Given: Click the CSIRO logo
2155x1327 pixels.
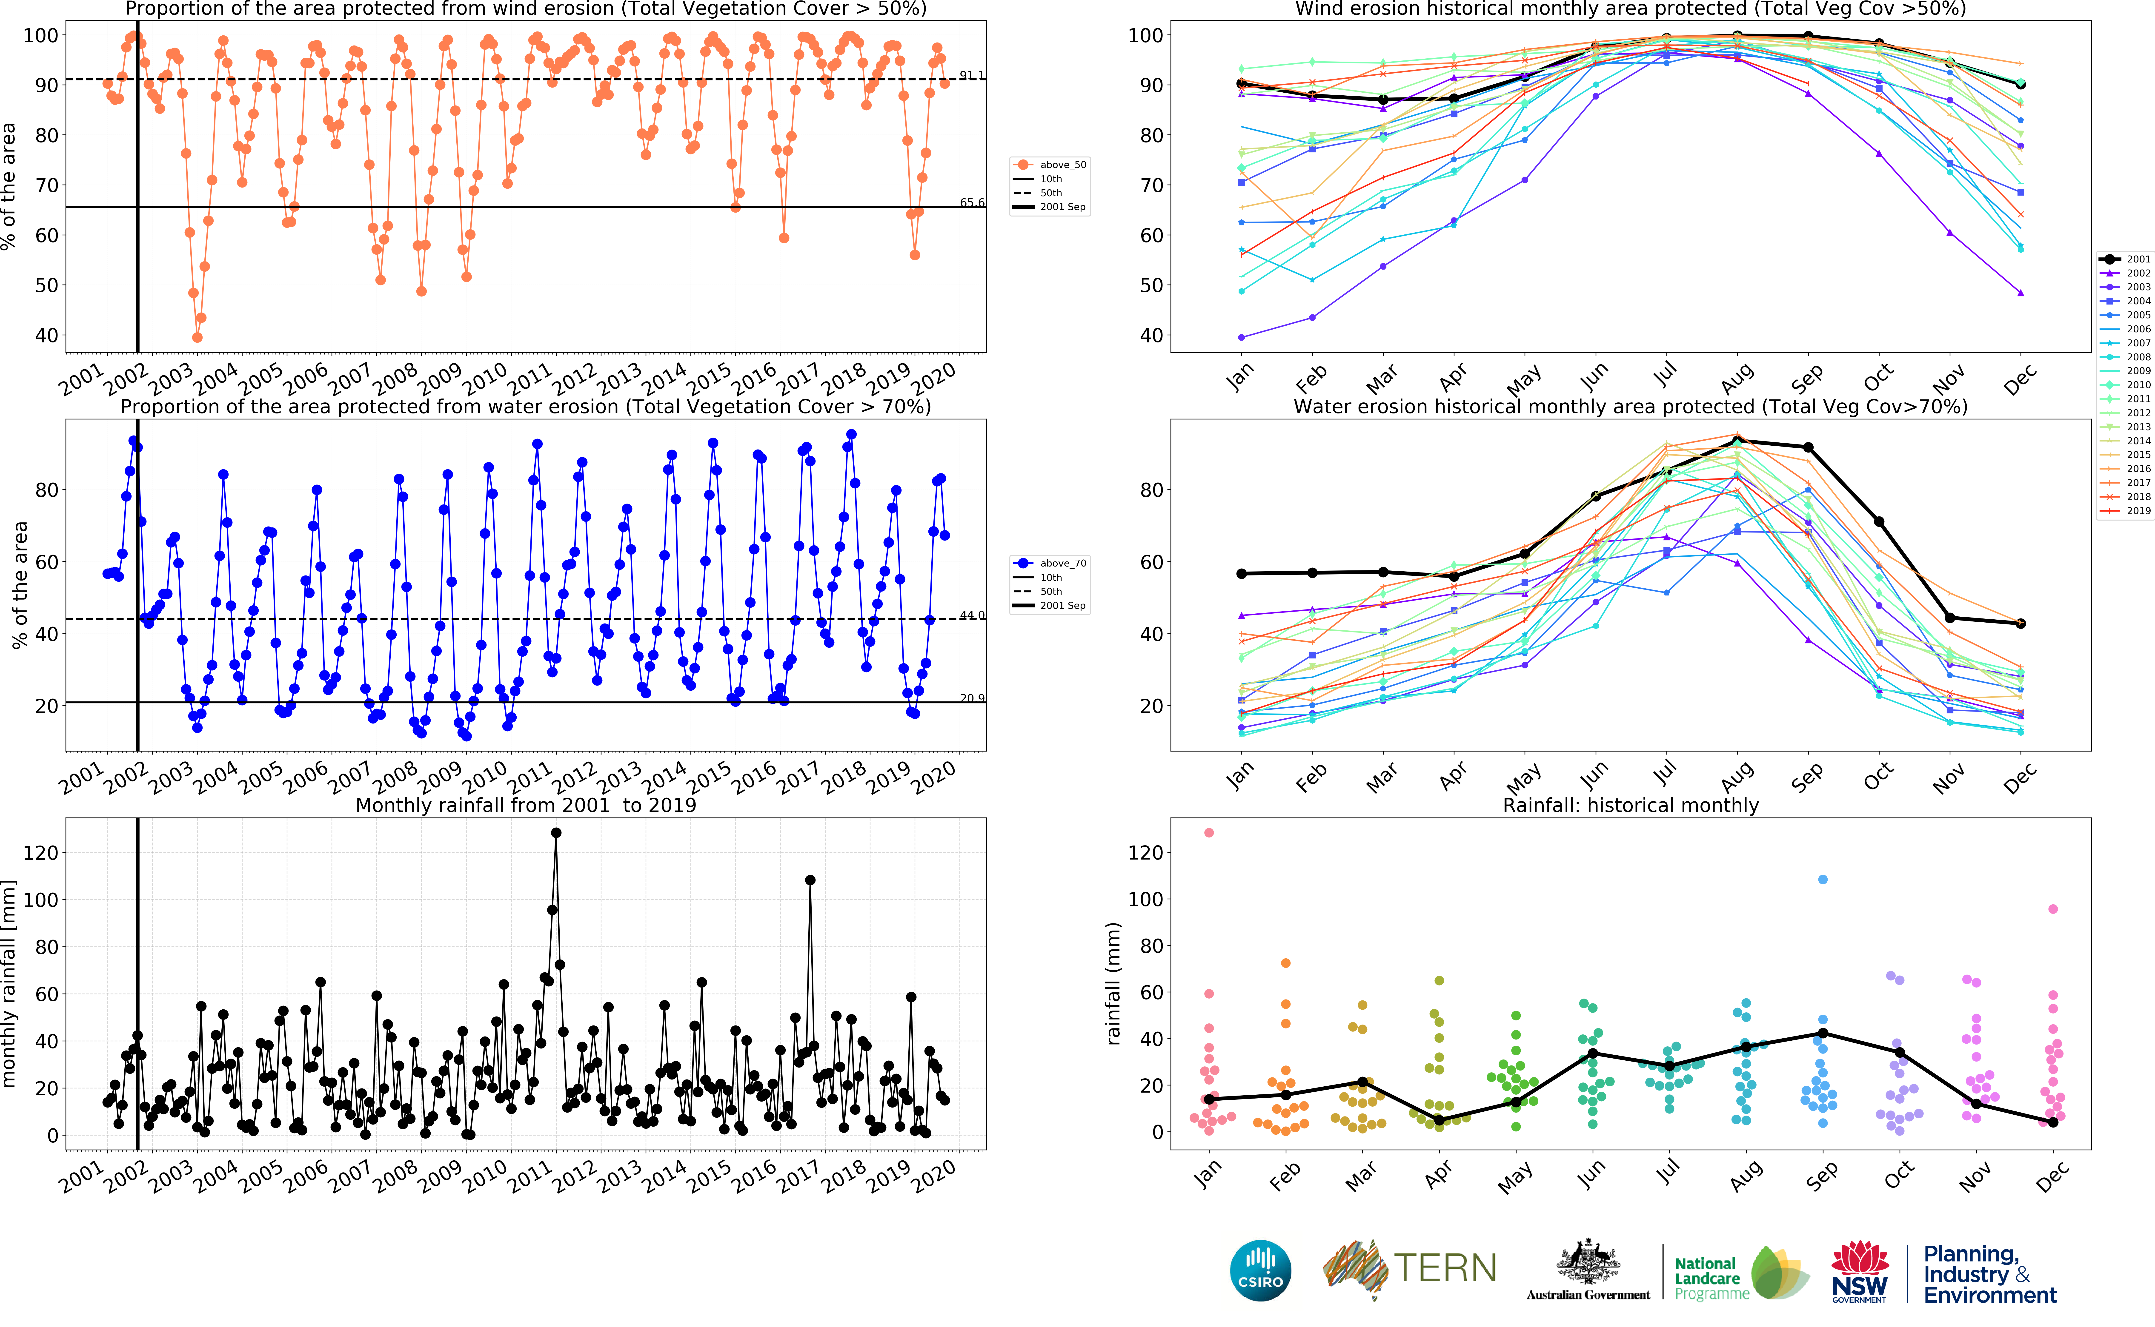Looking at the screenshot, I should click(x=1261, y=1270).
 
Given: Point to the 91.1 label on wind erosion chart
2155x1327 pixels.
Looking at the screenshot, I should click(x=972, y=75).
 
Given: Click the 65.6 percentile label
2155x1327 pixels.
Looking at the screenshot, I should click(x=972, y=203).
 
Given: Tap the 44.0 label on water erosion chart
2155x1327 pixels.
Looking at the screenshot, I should click(x=972, y=615).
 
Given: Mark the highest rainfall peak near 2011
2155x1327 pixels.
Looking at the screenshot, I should click(x=556, y=833).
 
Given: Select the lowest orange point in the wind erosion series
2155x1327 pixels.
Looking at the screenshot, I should click(x=197, y=337).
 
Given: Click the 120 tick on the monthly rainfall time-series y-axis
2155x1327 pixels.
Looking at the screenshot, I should click(x=40, y=852).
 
